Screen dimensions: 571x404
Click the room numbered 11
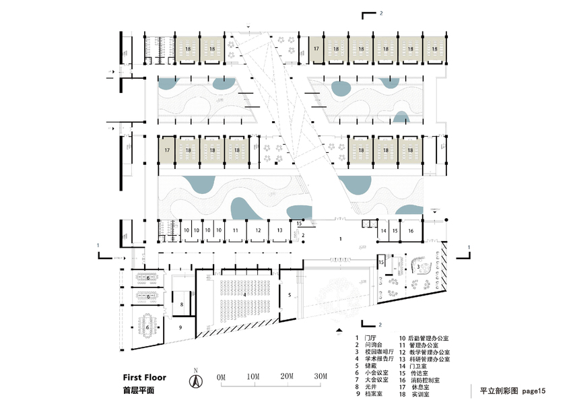tap(235, 230)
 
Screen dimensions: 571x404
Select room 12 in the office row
tap(258, 230)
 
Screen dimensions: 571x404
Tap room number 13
tap(279, 230)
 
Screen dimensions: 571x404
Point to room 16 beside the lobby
tap(411, 231)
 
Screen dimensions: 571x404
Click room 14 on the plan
tap(383, 231)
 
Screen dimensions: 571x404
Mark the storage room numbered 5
tap(290, 295)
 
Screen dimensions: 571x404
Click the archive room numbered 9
tap(181, 327)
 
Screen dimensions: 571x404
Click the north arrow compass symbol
tap(196, 380)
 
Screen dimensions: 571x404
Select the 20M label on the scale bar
tap(288, 376)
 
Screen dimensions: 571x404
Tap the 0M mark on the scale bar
tap(220, 376)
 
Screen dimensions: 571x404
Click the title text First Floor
tap(144, 378)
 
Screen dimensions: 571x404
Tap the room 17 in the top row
tap(316, 48)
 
